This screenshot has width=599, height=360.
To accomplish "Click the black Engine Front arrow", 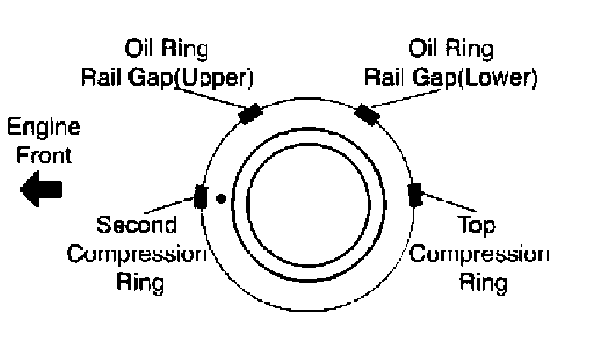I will point(41,190).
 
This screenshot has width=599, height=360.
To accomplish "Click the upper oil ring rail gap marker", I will point(250,113).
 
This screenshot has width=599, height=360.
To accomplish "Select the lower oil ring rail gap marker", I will point(367,114).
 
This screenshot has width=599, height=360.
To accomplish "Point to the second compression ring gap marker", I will point(201,196).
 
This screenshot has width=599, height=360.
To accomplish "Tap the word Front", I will point(43,156).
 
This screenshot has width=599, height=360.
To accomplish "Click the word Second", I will point(137,226).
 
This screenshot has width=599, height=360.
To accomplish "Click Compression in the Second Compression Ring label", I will point(136,254).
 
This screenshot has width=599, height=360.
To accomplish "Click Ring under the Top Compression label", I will point(483,282).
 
